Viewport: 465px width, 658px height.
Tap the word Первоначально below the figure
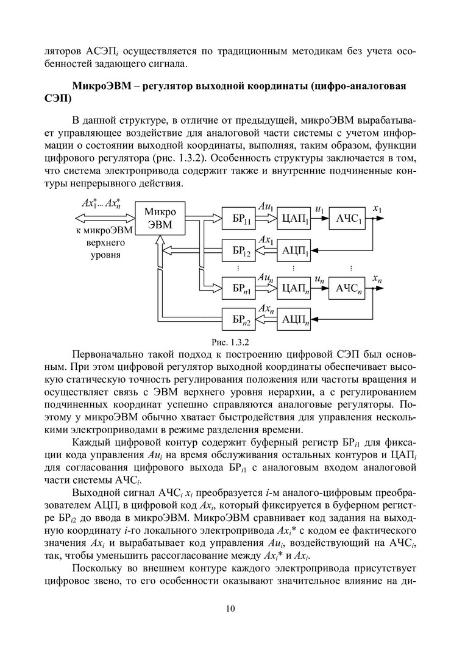click(x=108, y=355)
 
